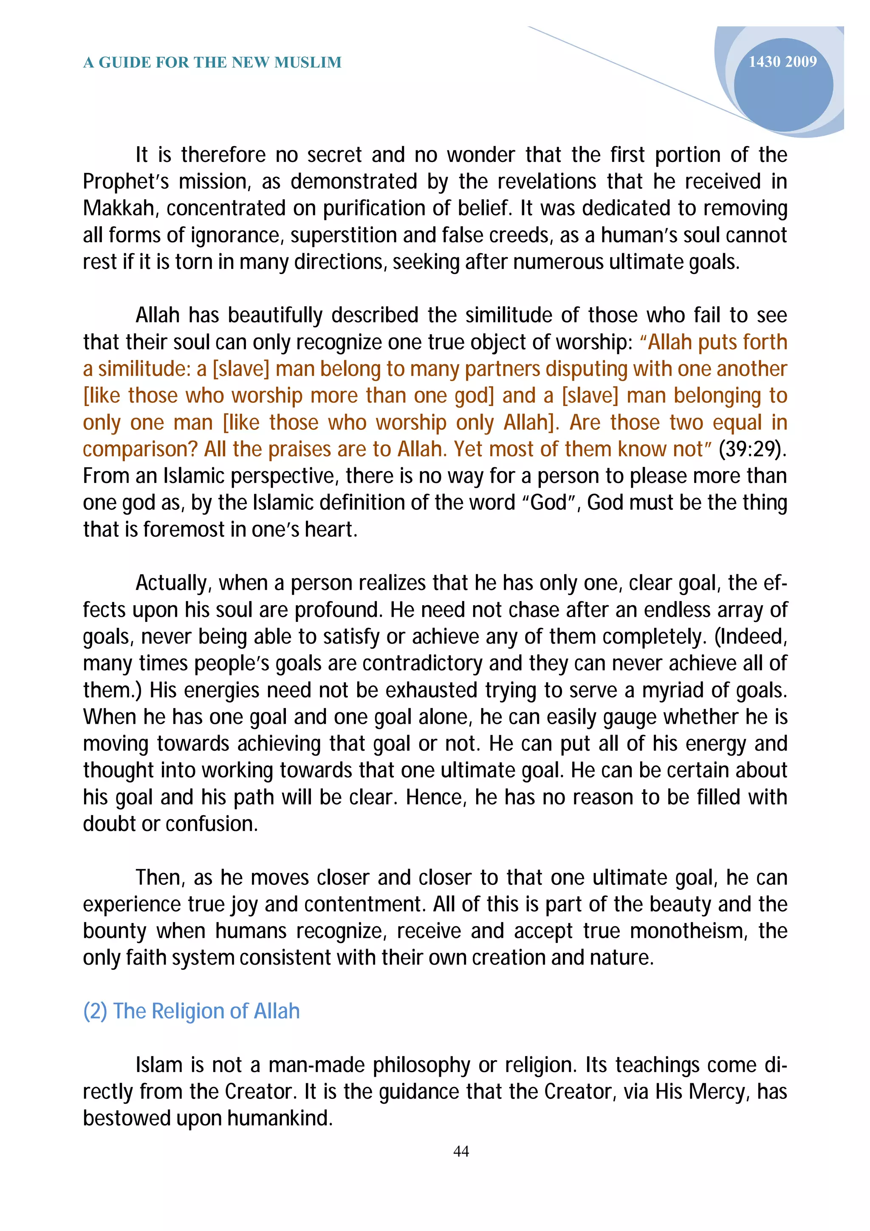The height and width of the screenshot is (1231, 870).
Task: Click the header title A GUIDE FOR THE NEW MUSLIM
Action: [x=212, y=63]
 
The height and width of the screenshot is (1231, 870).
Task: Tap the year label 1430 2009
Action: [x=782, y=62]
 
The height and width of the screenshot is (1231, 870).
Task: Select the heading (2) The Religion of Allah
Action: [x=191, y=1011]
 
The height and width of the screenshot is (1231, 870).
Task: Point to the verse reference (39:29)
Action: [x=752, y=449]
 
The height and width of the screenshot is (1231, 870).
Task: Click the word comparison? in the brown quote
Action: [x=141, y=449]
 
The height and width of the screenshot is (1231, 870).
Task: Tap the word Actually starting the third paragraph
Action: [x=172, y=583]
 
